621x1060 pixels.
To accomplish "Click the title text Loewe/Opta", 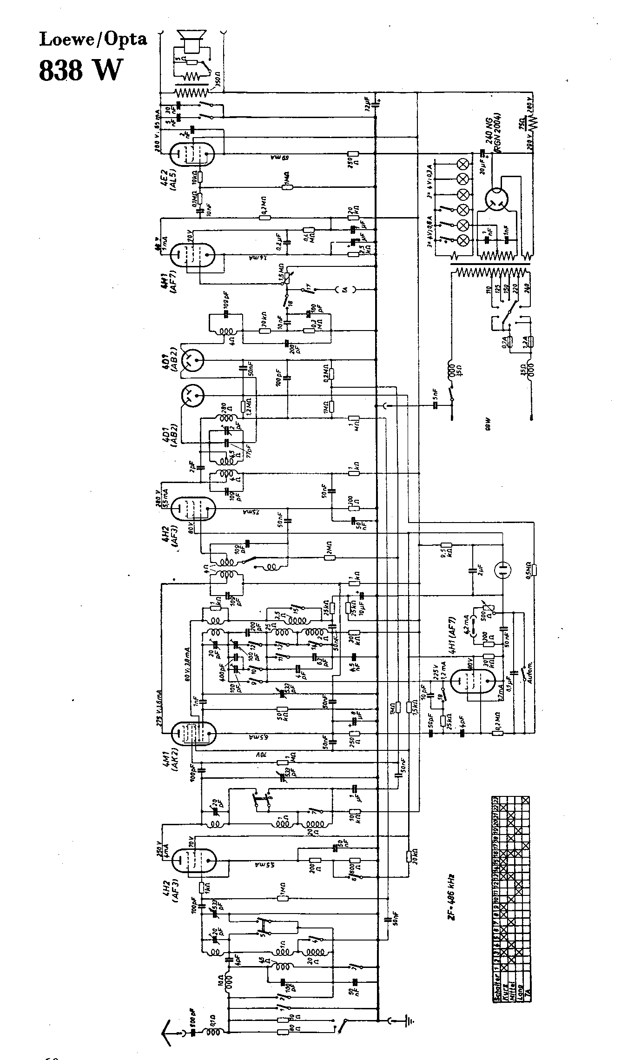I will pos(93,40).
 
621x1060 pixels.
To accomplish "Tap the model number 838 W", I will pos(82,70).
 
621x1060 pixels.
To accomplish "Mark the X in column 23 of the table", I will pos(526,800).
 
